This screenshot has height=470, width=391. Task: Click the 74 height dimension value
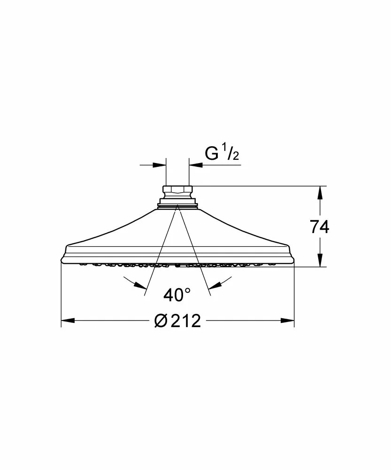[320, 227]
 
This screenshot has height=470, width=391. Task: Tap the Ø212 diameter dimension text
[177, 321]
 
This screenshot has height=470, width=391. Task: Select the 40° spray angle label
[177, 295]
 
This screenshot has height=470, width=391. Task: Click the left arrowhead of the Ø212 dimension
[68, 321]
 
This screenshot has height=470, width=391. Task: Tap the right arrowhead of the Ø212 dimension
[288, 321]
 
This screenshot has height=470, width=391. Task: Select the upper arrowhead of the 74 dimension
[320, 193]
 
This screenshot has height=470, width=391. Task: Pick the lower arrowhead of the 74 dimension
[320, 260]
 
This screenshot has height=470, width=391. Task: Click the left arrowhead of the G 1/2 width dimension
[159, 165]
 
